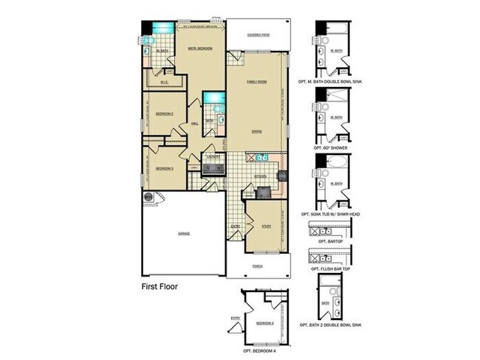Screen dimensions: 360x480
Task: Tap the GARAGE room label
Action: click(x=184, y=234)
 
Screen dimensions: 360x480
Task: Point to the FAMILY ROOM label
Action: click(x=256, y=80)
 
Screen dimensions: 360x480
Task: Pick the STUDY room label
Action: click(x=267, y=226)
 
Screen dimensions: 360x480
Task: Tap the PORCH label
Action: click(x=257, y=266)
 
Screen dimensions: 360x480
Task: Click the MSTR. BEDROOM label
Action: click(x=201, y=49)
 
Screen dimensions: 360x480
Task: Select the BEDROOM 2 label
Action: click(x=164, y=114)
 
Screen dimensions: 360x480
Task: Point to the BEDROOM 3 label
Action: click(x=164, y=168)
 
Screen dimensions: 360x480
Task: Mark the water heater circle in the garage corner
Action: click(x=148, y=197)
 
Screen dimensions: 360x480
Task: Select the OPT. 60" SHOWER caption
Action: click(x=331, y=148)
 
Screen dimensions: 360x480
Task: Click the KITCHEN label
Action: click(x=259, y=176)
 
